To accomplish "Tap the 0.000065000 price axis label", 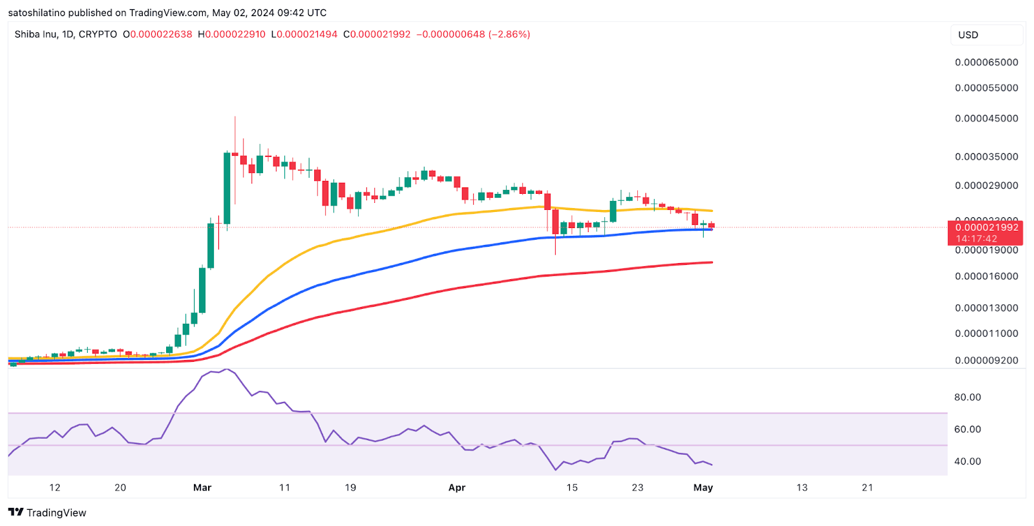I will click(986, 62).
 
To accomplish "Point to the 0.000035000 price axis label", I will click(986, 156).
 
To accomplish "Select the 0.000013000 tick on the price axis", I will click(986, 308).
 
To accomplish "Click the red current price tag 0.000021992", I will click(986, 227).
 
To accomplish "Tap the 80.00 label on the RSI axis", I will click(967, 397).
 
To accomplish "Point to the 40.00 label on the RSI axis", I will click(967, 461).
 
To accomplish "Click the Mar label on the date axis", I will click(202, 487).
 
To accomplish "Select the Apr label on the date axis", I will click(457, 487).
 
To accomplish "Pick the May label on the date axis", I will click(703, 487).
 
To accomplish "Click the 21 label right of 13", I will click(867, 487).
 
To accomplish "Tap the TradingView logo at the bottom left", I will click(47, 512).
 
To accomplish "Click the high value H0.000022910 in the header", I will click(231, 34).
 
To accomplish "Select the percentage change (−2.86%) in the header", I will click(509, 34).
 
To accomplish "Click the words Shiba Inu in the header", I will click(36, 34).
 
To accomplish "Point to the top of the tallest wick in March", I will click(235, 117).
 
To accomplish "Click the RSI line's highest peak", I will click(226, 370).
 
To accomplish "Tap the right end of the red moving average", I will click(712, 262).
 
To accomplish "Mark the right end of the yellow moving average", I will click(712, 211).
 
